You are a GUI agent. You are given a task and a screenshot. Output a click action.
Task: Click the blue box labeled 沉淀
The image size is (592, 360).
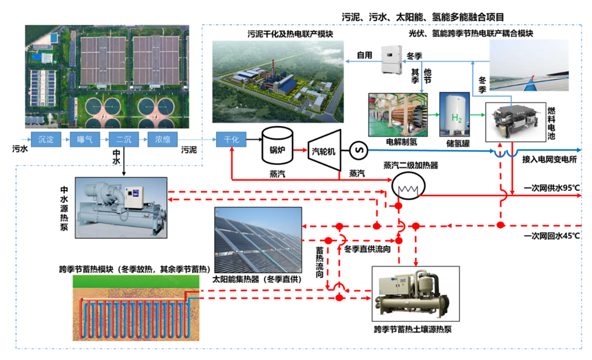click(x=45, y=140)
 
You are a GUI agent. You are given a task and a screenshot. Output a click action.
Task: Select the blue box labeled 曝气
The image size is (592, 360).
click(x=85, y=140)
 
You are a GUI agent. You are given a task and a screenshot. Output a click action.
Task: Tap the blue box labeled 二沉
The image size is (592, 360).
click(x=123, y=140)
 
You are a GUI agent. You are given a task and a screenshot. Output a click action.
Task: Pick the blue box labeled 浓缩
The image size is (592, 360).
click(x=162, y=140)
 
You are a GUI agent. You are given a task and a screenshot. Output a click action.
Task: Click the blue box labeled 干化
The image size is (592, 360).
click(x=231, y=140)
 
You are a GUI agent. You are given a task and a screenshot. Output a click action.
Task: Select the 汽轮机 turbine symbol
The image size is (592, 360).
click(x=323, y=151)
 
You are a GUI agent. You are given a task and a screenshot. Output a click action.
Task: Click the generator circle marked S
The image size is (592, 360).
click(x=358, y=151)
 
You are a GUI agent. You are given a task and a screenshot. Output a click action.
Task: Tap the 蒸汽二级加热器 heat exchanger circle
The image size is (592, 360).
click(x=404, y=187)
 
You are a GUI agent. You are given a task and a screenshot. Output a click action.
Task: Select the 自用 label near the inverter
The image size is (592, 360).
click(x=364, y=55)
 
